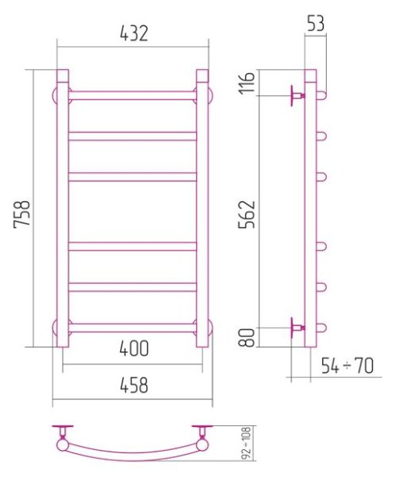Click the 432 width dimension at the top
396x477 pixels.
pos(134,34)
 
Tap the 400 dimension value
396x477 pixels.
pos(133,348)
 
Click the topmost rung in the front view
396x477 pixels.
pos(133,95)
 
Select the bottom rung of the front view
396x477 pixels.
pos(133,326)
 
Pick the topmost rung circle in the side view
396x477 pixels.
pos(323,95)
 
